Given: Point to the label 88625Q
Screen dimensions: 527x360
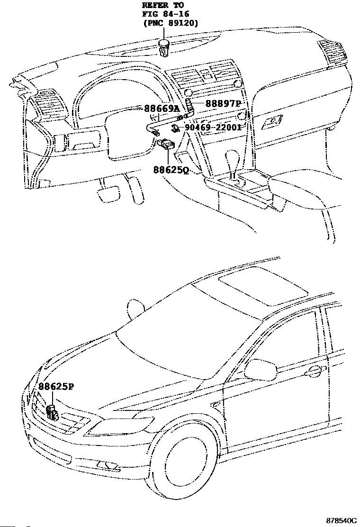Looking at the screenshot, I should coord(171,170).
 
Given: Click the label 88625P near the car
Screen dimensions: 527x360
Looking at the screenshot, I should coord(55,386).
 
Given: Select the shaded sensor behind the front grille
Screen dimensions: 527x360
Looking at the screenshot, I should coord(52,413).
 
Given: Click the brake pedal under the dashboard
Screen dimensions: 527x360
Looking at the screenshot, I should coord(108,193).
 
